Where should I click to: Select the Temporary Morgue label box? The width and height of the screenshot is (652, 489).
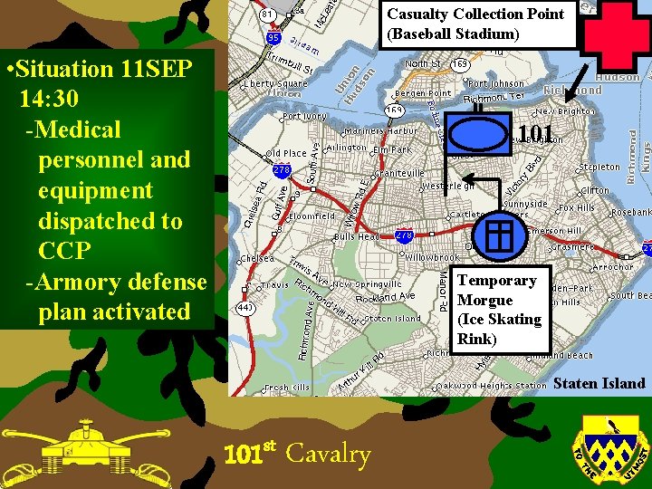click(501, 310)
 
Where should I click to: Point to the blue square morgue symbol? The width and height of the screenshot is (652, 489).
click(500, 235)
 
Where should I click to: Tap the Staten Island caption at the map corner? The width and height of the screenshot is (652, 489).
click(599, 383)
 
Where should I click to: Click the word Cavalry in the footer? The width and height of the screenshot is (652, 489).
click(328, 454)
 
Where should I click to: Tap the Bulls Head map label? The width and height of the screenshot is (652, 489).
click(356, 236)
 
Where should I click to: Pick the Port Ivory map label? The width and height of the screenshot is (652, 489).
click(303, 116)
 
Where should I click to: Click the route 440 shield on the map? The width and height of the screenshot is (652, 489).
click(245, 308)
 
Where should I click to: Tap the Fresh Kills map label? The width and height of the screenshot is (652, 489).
click(287, 388)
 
